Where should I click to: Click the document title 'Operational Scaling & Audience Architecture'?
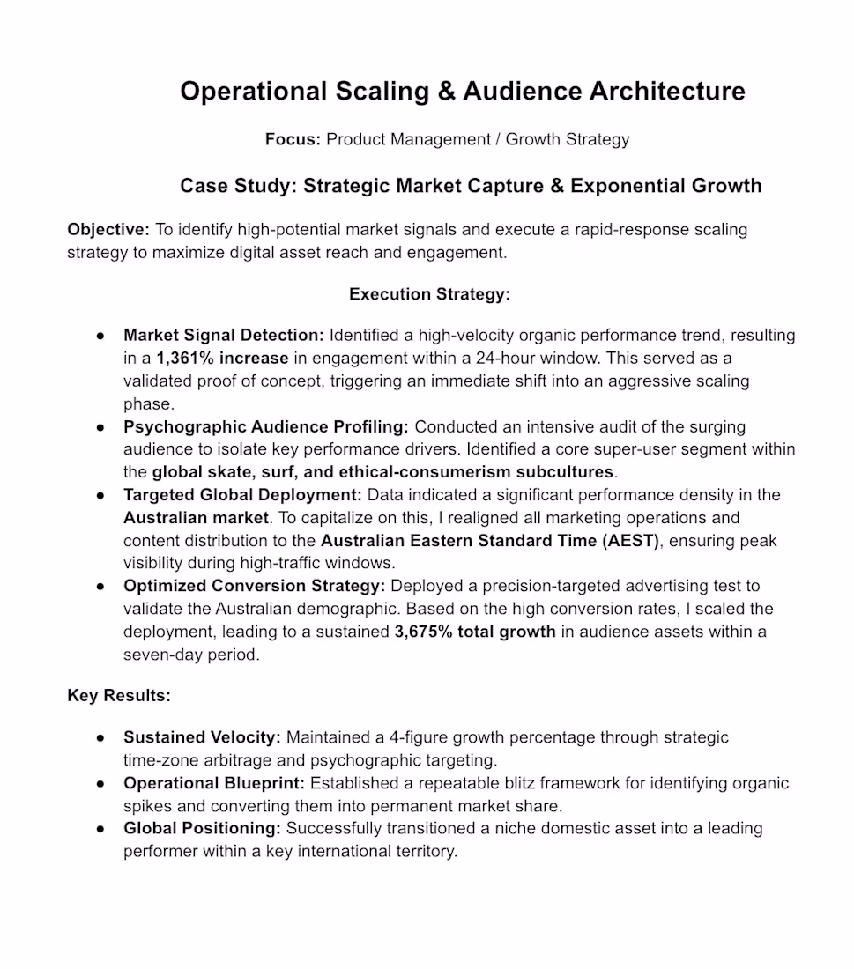462,91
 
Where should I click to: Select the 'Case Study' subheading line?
471,186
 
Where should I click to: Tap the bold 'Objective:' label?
108,230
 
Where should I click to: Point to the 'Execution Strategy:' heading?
429,294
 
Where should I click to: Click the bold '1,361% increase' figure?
222,359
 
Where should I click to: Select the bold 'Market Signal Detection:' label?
224,336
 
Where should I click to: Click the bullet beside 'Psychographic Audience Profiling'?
101,427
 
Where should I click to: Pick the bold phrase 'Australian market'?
195,518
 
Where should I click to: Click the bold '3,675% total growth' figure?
475,632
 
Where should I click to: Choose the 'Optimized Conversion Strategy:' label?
254,586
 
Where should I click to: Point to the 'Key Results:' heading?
119,696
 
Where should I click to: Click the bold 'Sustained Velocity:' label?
202,737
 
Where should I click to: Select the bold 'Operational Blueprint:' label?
214,783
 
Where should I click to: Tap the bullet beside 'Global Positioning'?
101,829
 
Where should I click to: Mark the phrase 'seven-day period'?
191,655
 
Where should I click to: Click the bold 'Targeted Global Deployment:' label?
242,495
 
